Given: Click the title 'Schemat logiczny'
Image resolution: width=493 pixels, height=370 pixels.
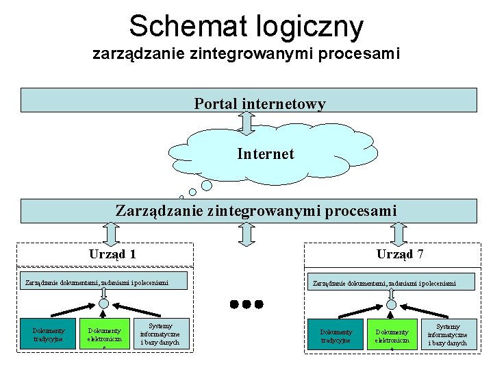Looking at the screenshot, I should [x=246, y=27].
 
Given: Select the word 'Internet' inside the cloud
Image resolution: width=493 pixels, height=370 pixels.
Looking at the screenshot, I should [x=266, y=153].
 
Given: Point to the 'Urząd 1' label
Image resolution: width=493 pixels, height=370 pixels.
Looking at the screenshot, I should [x=112, y=254].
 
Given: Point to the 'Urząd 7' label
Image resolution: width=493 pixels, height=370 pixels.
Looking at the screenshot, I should [x=400, y=254].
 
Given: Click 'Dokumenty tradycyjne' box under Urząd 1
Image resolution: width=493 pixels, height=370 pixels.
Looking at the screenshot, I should [x=48, y=334].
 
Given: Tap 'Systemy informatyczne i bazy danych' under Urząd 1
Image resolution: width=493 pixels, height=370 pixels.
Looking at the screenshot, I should [x=160, y=334].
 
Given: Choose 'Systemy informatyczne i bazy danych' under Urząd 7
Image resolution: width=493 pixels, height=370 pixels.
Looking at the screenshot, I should [x=448, y=334].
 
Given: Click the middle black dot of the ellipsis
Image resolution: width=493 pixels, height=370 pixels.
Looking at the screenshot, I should [x=246, y=304].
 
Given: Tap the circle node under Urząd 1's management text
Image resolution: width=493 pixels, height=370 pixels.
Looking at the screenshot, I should [x=103, y=304].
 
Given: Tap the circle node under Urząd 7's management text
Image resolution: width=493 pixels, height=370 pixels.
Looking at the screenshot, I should [x=391, y=304].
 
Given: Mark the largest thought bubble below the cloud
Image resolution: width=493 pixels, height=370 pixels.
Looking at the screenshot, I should [x=207, y=185].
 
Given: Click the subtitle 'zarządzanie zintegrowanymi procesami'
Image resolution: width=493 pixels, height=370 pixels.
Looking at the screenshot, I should [x=246, y=53].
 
